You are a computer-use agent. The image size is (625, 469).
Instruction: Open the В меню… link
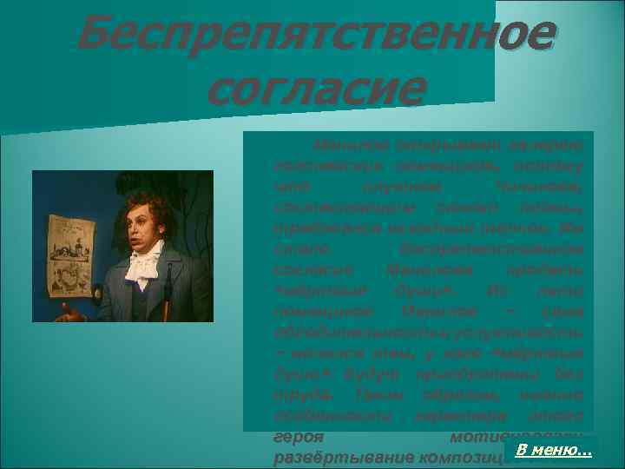[x=554, y=449]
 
